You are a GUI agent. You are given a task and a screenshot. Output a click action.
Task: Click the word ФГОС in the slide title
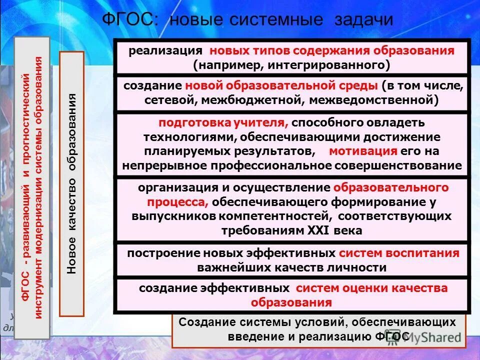tap(130, 20)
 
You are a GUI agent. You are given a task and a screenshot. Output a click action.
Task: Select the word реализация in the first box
tap(165, 51)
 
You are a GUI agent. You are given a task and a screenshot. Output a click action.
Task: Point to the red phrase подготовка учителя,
tap(223, 123)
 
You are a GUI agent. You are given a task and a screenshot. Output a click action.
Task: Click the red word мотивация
tap(363, 151)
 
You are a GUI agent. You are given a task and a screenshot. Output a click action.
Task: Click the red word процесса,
tap(177, 202)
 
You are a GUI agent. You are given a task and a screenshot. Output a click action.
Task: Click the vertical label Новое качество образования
tap(72, 182)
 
